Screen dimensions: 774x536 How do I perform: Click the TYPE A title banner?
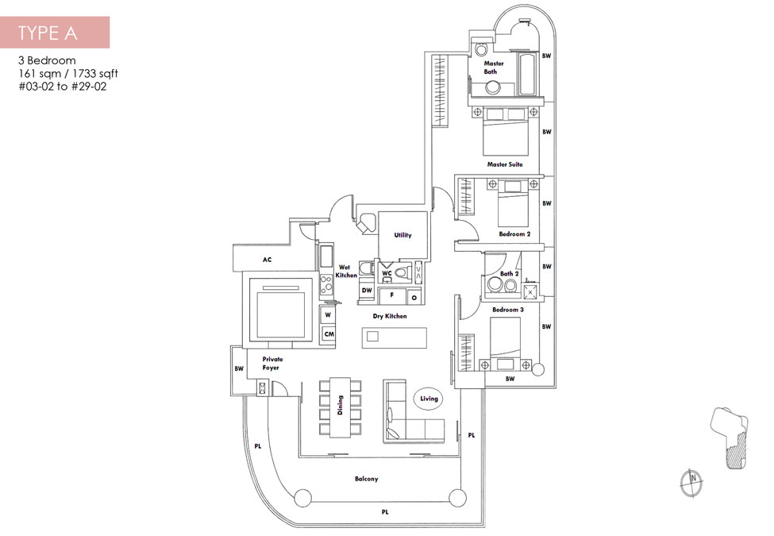(55, 32)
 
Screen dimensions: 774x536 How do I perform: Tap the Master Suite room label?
(504, 164)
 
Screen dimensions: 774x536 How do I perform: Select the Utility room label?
(402, 235)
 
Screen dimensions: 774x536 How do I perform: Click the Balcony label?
(366, 479)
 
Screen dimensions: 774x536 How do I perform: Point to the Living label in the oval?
(429, 399)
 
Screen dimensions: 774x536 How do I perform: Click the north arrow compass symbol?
(691, 482)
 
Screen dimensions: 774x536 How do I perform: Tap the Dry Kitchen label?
(390, 316)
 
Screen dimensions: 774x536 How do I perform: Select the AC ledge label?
(267, 260)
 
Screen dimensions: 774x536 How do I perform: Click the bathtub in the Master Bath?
(526, 74)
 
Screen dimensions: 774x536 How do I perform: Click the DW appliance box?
(367, 291)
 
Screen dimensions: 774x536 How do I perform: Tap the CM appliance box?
(329, 334)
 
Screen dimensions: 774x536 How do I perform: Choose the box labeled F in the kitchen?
(392, 295)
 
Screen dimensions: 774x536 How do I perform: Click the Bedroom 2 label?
(514, 234)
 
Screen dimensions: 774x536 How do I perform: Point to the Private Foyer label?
(272, 363)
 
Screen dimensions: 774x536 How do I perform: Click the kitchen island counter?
(394, 337)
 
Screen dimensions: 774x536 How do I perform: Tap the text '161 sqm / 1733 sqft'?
(68, 74)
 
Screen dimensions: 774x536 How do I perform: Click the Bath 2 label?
(510, 273)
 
